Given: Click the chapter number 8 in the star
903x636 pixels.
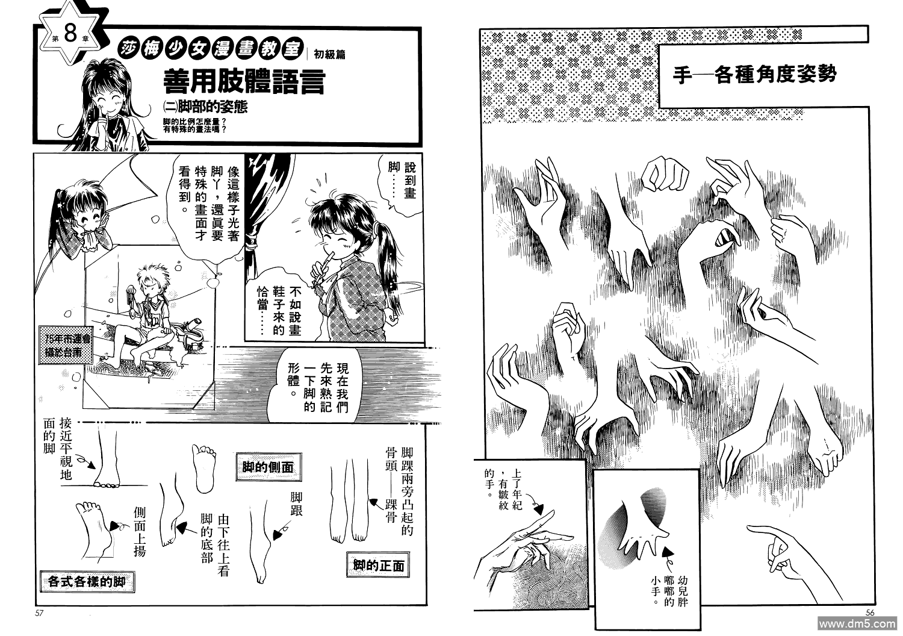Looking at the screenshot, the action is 70,34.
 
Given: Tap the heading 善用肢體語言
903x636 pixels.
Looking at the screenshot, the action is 244,81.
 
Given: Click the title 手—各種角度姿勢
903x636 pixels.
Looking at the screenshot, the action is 754,74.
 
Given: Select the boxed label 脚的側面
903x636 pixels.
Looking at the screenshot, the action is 268,467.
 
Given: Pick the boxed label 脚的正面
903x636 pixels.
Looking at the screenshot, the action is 378,566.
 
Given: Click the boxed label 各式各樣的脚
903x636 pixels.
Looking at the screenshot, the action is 87,582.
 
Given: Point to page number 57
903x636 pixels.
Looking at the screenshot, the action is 39,613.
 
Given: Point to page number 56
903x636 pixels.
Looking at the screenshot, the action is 869,613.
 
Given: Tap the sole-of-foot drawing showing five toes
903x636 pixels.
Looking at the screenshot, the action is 203,468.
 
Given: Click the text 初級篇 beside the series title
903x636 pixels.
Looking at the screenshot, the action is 330,54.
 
